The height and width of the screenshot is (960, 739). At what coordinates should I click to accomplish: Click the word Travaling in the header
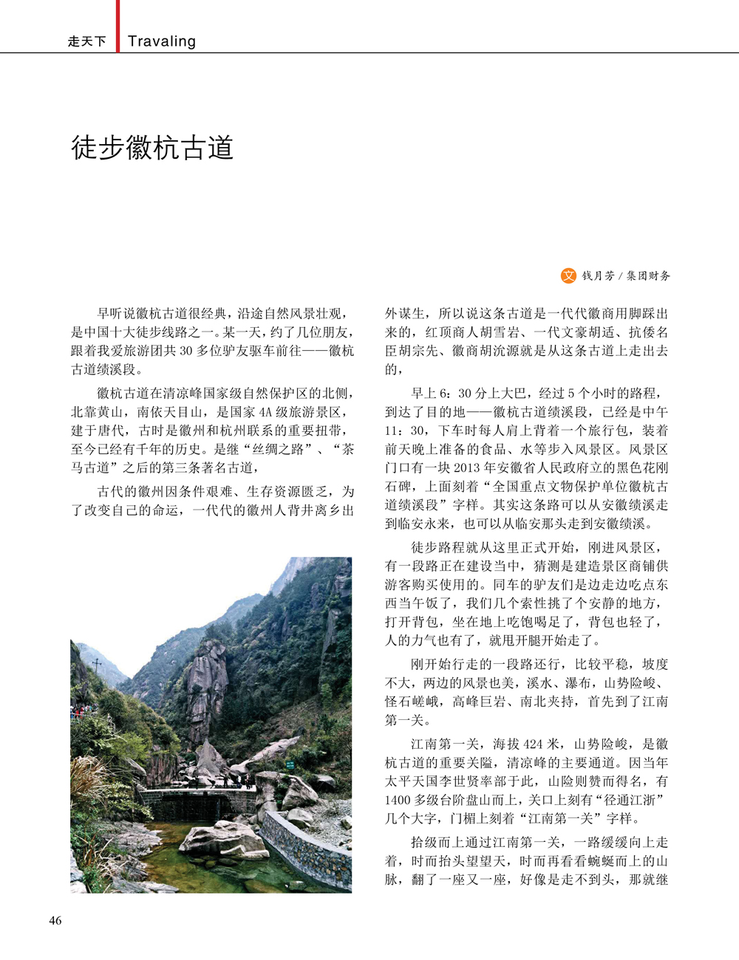pyautogui.click(x=161, y=41)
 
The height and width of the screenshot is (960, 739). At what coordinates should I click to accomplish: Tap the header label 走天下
pyautogui.click(x=86, y=42)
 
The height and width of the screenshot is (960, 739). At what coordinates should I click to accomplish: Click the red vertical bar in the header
pyautogui.click(x=117, y=26)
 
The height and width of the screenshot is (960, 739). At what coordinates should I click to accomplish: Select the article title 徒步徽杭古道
pyautogui.click(x=152, y=148)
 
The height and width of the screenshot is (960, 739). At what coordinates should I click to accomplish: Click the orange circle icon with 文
pyautogui.click(x=568, y=275)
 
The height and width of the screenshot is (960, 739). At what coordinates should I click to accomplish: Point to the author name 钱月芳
pyautogui.click(x=598, y=276)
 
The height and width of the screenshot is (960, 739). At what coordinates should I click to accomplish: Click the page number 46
pyautogui.click(x=55, y=920)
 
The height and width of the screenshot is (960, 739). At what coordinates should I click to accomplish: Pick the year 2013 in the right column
pyautogui.click(x=468, y=467)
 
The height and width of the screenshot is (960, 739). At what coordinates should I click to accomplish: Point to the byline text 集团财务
pyautogui.click(x=648, y=276)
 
